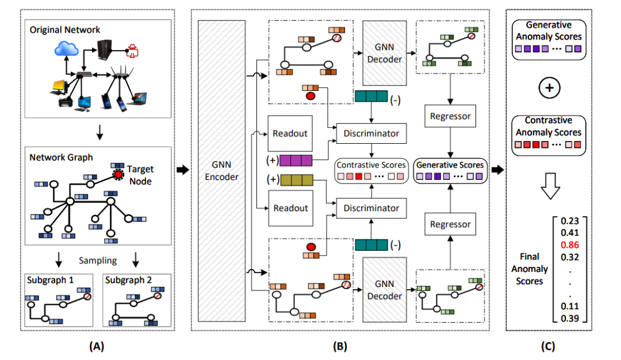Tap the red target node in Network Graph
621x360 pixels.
[118, 175]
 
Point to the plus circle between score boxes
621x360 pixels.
[548, 89]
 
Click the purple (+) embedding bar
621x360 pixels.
[297, 160]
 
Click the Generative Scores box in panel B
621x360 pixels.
[450, 170]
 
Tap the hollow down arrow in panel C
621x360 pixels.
[548, 185]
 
